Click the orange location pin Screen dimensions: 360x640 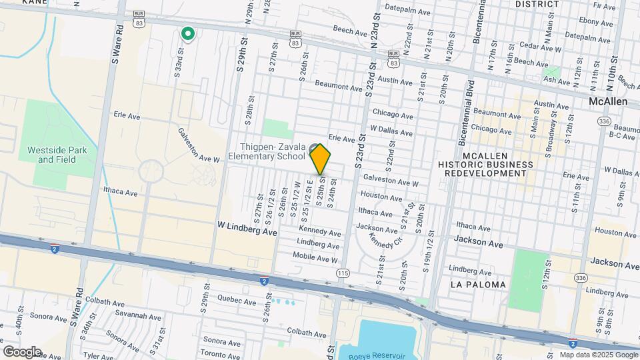pos(320,159)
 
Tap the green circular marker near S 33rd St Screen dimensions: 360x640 pos(189,33)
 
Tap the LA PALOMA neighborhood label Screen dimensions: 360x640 pos(478,285)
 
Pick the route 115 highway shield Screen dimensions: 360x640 pos(343,273)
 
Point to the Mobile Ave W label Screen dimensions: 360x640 pos(316,259)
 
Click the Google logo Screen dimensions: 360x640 pos(22,351)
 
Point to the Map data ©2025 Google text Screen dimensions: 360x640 pos(597,355)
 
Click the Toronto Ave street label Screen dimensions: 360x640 pos(220,354)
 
